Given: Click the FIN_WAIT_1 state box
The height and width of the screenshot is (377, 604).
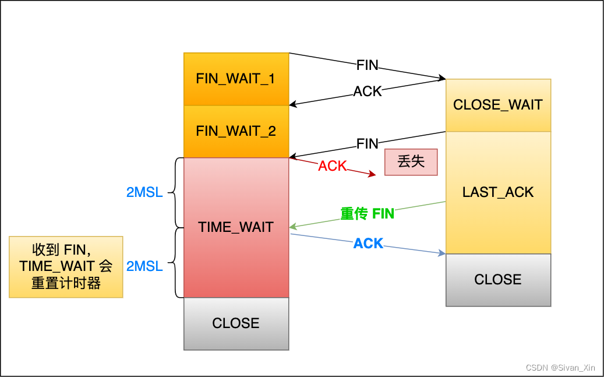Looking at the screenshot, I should (x=236, y=79).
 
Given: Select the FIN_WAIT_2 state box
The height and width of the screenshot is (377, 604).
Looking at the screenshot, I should (x=236, y=131).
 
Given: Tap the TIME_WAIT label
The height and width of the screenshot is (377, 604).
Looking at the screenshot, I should (x=236, y=227).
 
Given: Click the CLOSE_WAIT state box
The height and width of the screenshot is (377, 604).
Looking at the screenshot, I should (x=498, y=105).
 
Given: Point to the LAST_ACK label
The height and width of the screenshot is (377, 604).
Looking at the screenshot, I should (x=498, y=192).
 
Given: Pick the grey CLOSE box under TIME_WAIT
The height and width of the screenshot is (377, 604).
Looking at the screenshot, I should (x=236, y=323).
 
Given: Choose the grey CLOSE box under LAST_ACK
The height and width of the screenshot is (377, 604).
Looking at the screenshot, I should (x=498, y=280).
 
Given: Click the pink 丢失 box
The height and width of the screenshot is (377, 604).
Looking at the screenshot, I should (x=411, y=162).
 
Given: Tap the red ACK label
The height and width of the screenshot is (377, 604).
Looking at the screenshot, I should (x=333, y=166).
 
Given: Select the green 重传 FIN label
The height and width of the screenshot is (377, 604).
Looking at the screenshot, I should (x=368, y=214).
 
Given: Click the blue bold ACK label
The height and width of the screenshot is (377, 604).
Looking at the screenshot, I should (x=368, y=244).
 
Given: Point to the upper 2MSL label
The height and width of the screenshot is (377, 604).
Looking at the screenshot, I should (x=144, y=192).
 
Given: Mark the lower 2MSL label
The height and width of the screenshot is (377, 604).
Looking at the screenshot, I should (x=144, y=266).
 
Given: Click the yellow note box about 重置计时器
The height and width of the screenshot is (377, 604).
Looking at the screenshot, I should (x=66, y=267).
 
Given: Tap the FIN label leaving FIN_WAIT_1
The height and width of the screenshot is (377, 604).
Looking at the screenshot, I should (x=368, y=65).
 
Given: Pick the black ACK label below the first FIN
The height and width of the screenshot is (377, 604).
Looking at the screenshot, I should (x=368, y=91).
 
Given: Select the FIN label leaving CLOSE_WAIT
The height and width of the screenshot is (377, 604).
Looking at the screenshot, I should (x=368, y=143).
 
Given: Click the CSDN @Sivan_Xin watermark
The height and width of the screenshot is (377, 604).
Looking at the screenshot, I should (x=561, y=368).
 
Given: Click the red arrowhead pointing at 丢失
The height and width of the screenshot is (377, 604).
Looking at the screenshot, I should (x=373, y=174).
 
